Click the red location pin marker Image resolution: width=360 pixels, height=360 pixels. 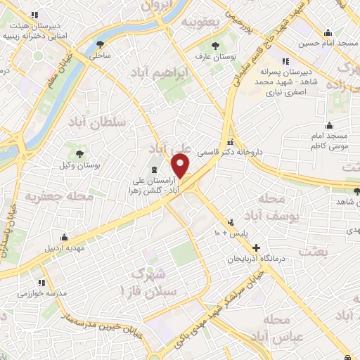[181, 166]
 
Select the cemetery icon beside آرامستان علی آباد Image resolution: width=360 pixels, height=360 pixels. [153, 169]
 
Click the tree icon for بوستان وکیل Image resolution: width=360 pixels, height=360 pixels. [79, 153]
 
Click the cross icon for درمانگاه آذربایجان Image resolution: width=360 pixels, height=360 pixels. [257, 247]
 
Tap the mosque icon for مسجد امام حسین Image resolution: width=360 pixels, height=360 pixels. [328, 32]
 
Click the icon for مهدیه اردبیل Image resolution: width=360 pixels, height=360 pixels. [65, 236]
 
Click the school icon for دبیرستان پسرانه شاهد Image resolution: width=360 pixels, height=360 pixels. [285, 60]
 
